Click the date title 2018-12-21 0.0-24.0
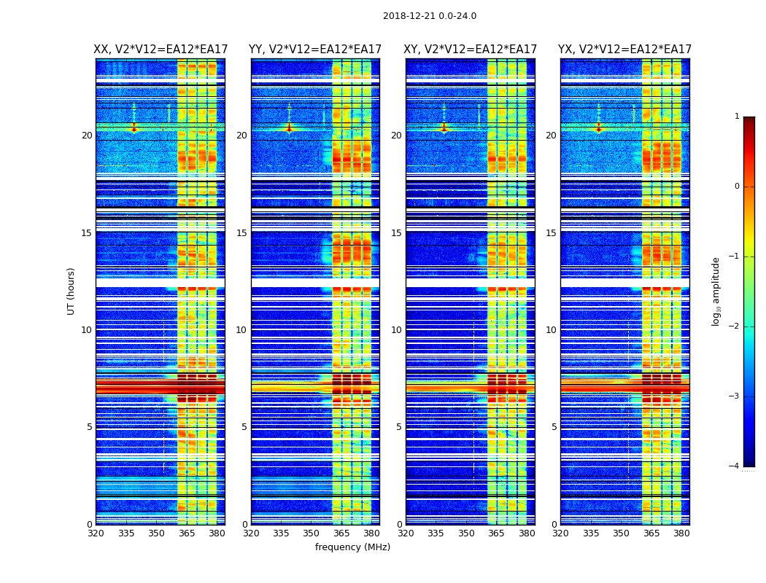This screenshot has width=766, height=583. click(430, 16)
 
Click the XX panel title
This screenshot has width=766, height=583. click(160, 50)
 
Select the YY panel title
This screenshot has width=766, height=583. click(315, 50)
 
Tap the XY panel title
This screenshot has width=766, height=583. click(471, 50)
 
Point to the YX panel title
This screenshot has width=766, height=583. click(625, 50)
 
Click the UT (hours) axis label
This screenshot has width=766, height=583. click(71, 291)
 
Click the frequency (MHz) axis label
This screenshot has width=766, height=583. click(352, 547)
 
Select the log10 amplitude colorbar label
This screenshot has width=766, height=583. click(716, 291)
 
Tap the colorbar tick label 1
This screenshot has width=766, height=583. click(736, 117)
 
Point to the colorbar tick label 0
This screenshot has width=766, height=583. click(736, 187)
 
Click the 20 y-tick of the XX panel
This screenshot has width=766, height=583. click(87, 136)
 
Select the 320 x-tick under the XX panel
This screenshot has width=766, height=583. click(96, 533)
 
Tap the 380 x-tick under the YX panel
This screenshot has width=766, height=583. click(681, 533)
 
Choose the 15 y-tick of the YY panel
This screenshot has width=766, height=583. click(241, 233)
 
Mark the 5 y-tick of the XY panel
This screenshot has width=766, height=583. click(399, 427)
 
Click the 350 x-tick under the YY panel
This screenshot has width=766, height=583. click(312, 533)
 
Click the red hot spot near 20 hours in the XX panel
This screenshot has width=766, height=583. click(134, 129)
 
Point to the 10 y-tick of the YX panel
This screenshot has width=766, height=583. click(552, 330)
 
